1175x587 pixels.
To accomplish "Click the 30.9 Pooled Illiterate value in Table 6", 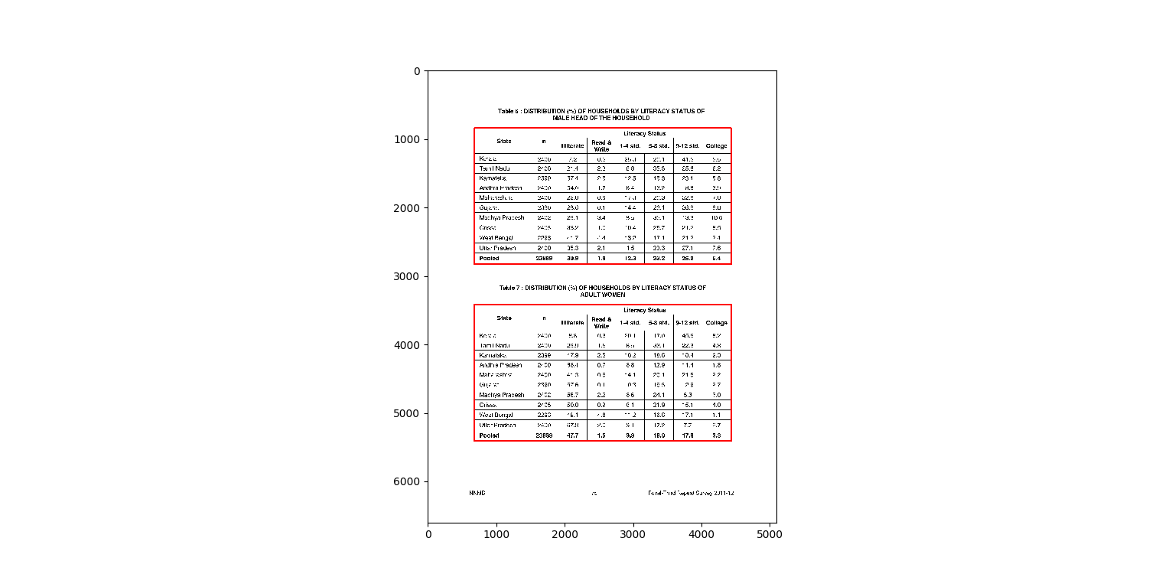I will (x=572, y=259).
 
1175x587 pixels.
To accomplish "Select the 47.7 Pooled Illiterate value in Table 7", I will (x=572, y=435).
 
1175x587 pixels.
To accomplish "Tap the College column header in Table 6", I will (x=716, y=145).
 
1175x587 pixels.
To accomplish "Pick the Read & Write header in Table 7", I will (x=601, y=322).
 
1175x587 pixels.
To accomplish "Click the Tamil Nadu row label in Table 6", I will (x=494, y=168).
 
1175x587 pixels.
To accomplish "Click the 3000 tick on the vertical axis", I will (x=417, y=276).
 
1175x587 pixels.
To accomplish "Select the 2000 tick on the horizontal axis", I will (x=565, y=535).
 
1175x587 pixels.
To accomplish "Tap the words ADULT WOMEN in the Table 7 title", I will (x=603, y=295).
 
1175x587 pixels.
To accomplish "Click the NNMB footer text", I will (x=477, y=493).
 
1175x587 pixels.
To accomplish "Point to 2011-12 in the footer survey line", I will (x=724, y=493).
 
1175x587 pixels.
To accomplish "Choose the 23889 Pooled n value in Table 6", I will (x=544, y=259).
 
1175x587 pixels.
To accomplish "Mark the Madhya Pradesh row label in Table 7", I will (x=501, y=395).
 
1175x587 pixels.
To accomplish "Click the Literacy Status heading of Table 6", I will (x=644, y=134).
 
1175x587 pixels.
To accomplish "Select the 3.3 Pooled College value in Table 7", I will (x=716, y=435).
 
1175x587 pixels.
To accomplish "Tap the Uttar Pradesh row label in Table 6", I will (x=497, y=248).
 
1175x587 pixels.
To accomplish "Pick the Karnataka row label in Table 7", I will (x=493, y=355).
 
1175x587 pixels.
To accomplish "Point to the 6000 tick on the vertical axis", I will (x=417, y=481).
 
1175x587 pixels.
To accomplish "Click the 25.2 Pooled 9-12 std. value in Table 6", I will (x=688, y=259).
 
